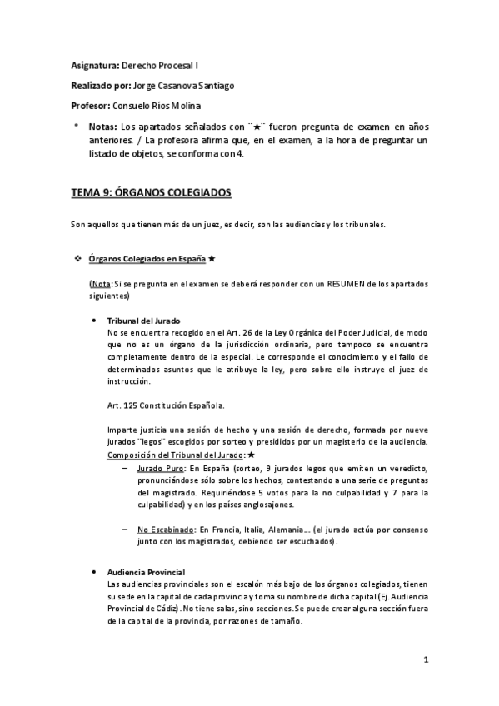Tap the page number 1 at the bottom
425,661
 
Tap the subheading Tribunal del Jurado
144,321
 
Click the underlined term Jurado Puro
158,470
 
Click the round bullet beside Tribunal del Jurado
100,321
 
